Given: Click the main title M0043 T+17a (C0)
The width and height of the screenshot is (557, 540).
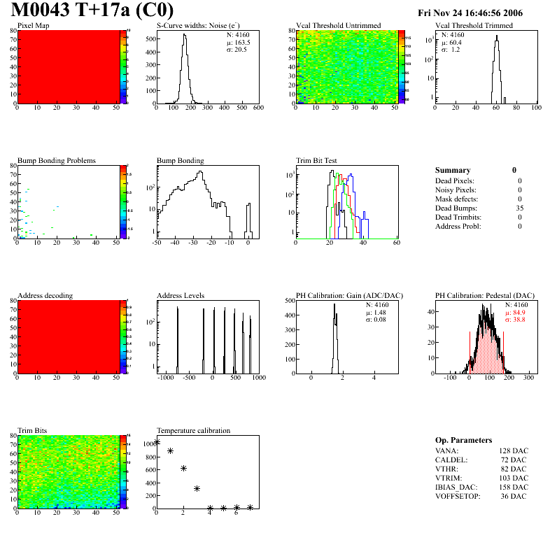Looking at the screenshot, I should pos(92,11).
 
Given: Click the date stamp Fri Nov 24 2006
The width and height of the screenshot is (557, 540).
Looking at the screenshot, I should pos(470,13).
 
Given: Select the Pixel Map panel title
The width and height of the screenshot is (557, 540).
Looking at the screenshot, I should pos(33,25).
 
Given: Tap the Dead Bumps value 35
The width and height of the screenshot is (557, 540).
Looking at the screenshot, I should pos(519,208).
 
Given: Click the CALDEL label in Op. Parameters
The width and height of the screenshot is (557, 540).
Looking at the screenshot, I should pos(451,459).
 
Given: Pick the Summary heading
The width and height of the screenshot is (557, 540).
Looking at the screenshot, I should pos(453,170).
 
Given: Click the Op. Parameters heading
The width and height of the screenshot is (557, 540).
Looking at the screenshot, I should pos(463,440).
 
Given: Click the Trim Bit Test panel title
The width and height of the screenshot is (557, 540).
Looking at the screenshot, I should pos(317,160).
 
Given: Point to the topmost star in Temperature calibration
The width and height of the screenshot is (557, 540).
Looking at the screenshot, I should pos(157,442).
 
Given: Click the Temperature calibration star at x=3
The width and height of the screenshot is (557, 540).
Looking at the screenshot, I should pos(197,489).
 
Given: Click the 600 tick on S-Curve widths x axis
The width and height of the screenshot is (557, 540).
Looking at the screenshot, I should pos(258,108).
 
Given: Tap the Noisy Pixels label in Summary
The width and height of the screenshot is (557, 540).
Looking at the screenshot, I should pos(456,190).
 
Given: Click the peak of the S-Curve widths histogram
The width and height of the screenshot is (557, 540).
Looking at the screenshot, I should pos(185,36).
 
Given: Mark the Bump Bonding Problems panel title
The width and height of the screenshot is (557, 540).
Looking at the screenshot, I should pos(57,160).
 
